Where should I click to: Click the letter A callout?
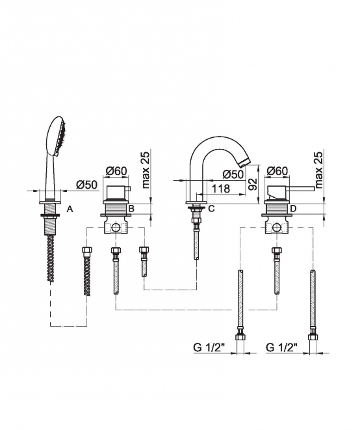(x=70, y=209)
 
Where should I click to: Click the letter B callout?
(x=131, y=209)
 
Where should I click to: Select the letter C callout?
(x=211, y=209)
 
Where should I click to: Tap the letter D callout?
(x=293, y=209)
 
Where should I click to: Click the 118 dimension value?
(x=221, y=189)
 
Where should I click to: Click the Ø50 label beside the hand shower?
(x=86, y=185)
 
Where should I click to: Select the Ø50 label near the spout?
(x=233, y=174)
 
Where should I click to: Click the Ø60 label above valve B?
(x=116, y=171)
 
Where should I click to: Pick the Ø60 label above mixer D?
(x=277, y=171)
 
